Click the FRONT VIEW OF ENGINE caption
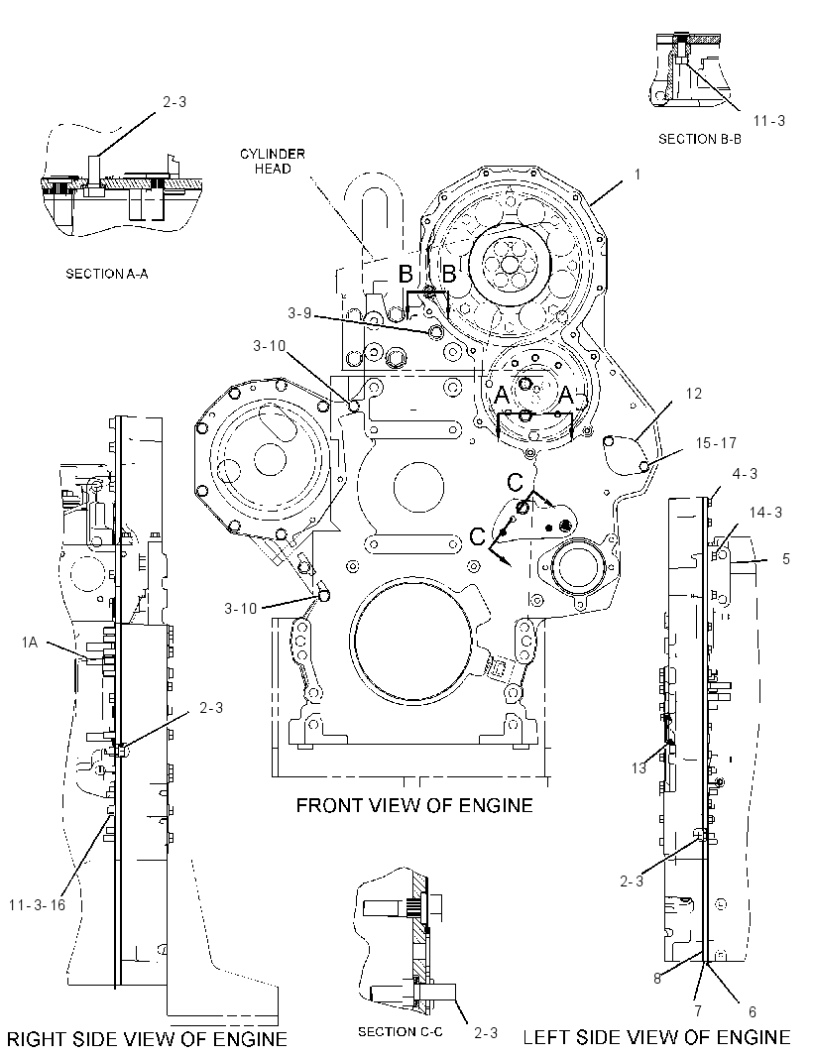[x=413, y=805]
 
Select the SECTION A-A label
[x=106, y=274]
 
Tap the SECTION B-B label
[x=699, y=139]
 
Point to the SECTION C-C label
[x=400, y=1031]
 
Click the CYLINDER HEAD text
[x=273, y=161]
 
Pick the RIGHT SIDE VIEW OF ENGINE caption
[x=147, y=1039]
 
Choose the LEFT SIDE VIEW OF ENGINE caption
[x=656, y=1037]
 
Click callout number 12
[x=694, y=393]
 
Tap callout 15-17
[x=716, y=443]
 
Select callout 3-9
[x=299, y=312]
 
